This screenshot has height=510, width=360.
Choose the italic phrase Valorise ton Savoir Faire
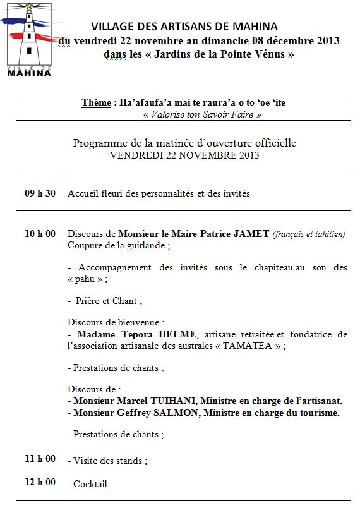[x=202, y=114]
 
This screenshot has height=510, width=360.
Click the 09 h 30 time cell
[x=40, y=193]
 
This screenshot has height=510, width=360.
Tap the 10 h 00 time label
[x=40, y=234]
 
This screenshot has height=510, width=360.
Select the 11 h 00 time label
[x=40, y=459]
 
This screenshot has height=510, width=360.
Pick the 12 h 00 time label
[x=40, y=482]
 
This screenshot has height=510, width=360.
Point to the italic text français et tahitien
[x=309, y=234]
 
